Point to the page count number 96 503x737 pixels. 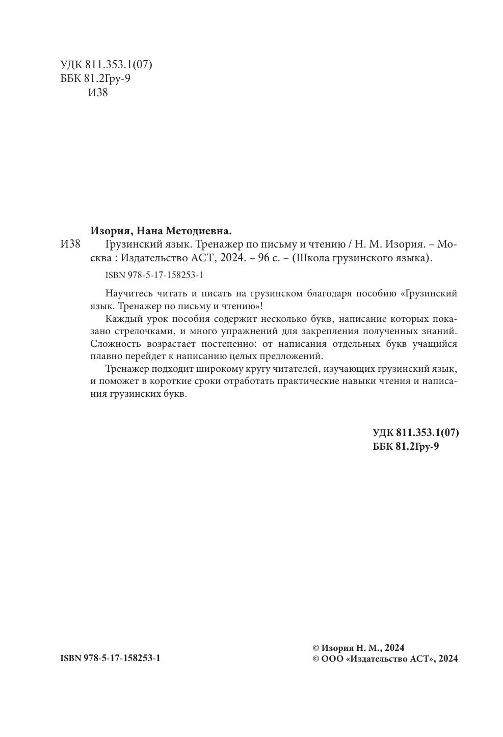[x=263, y=258]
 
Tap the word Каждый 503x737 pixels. [x=121, y=319]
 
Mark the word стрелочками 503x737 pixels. [x=144, y=331]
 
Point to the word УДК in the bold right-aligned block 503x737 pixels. [x=383, y=433]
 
